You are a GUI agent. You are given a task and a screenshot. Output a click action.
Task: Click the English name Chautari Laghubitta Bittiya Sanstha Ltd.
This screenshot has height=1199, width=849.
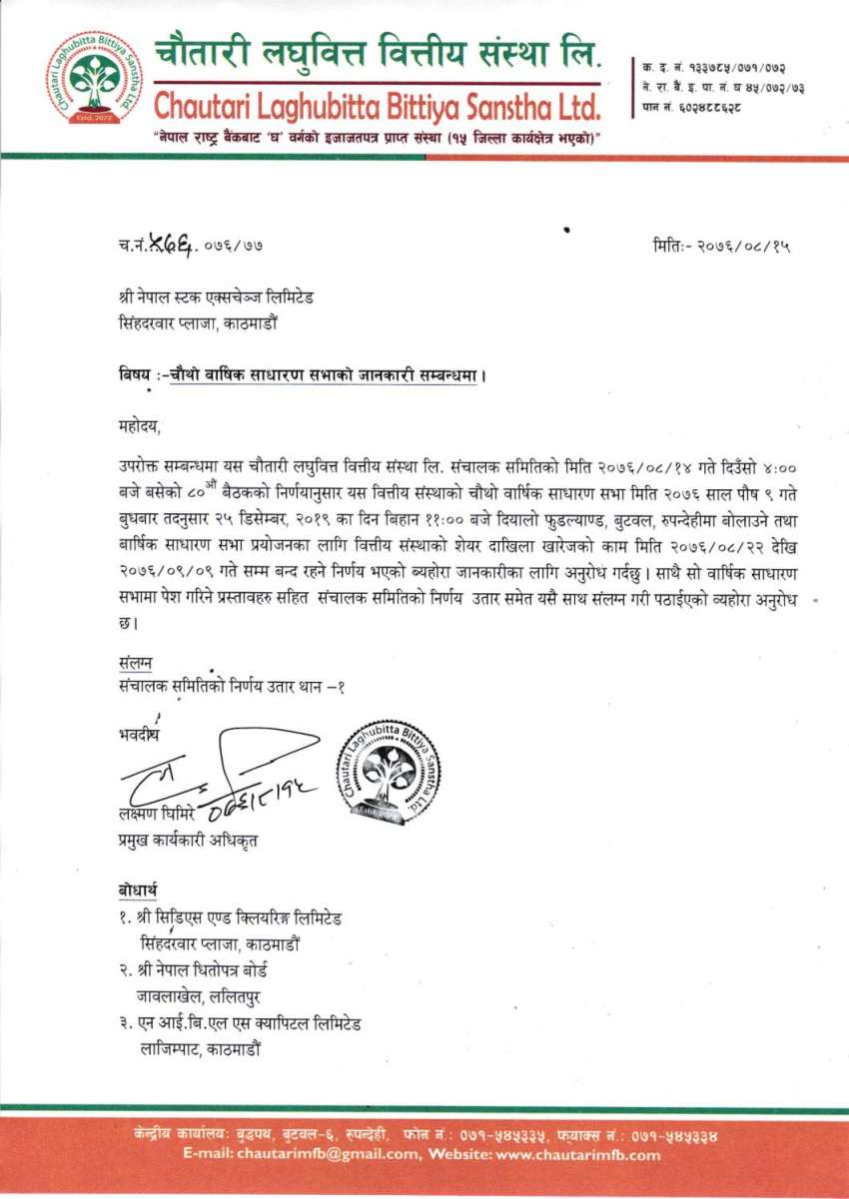coord(378,104)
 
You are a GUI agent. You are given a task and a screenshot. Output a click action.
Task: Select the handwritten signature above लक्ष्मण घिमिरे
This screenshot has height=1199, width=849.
coord(220,771)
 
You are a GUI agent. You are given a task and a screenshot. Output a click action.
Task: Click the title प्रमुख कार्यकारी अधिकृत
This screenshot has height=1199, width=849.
coord(188,841)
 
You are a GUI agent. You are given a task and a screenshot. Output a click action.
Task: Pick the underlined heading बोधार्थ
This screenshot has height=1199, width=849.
coord(138,891)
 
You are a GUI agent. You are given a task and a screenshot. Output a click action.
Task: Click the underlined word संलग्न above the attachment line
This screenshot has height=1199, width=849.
coord(135,663)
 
